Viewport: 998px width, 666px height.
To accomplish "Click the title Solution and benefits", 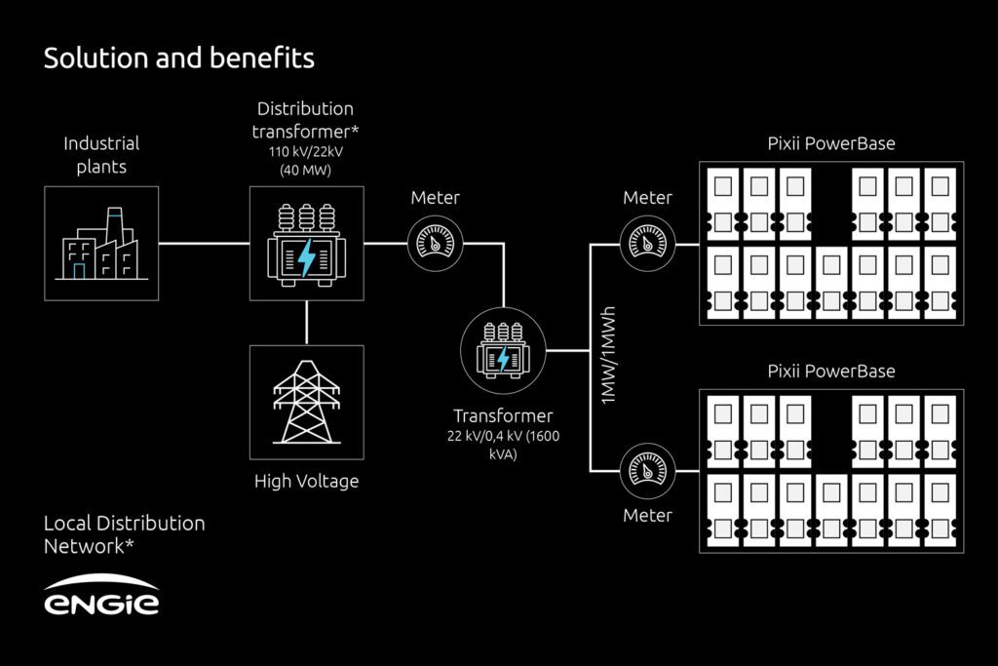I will tap(178, 59).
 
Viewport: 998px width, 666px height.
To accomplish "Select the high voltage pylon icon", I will tap(306, 402).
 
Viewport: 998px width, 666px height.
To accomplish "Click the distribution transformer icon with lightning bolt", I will tap(306, 244).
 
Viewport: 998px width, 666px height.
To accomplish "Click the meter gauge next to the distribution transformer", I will tap(434, 243).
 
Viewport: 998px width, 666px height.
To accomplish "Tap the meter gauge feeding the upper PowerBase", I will tap(647, 243).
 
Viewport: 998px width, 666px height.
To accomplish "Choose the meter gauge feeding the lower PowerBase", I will tap(647, 470).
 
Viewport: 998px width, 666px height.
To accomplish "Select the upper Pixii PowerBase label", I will tap(831, 144).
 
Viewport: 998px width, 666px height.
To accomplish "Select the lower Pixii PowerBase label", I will tap(831, 372).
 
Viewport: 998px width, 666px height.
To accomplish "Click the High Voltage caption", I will tap(306, 481).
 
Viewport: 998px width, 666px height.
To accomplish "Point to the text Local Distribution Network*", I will tap(124, 534).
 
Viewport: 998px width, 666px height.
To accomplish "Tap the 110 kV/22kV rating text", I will tap(305, 152).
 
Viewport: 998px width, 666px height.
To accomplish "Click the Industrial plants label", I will tap(101, 154).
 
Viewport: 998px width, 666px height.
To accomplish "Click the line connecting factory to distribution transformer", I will tap(204, 244).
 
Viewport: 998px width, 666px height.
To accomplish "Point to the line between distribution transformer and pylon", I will tap(306, 322).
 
